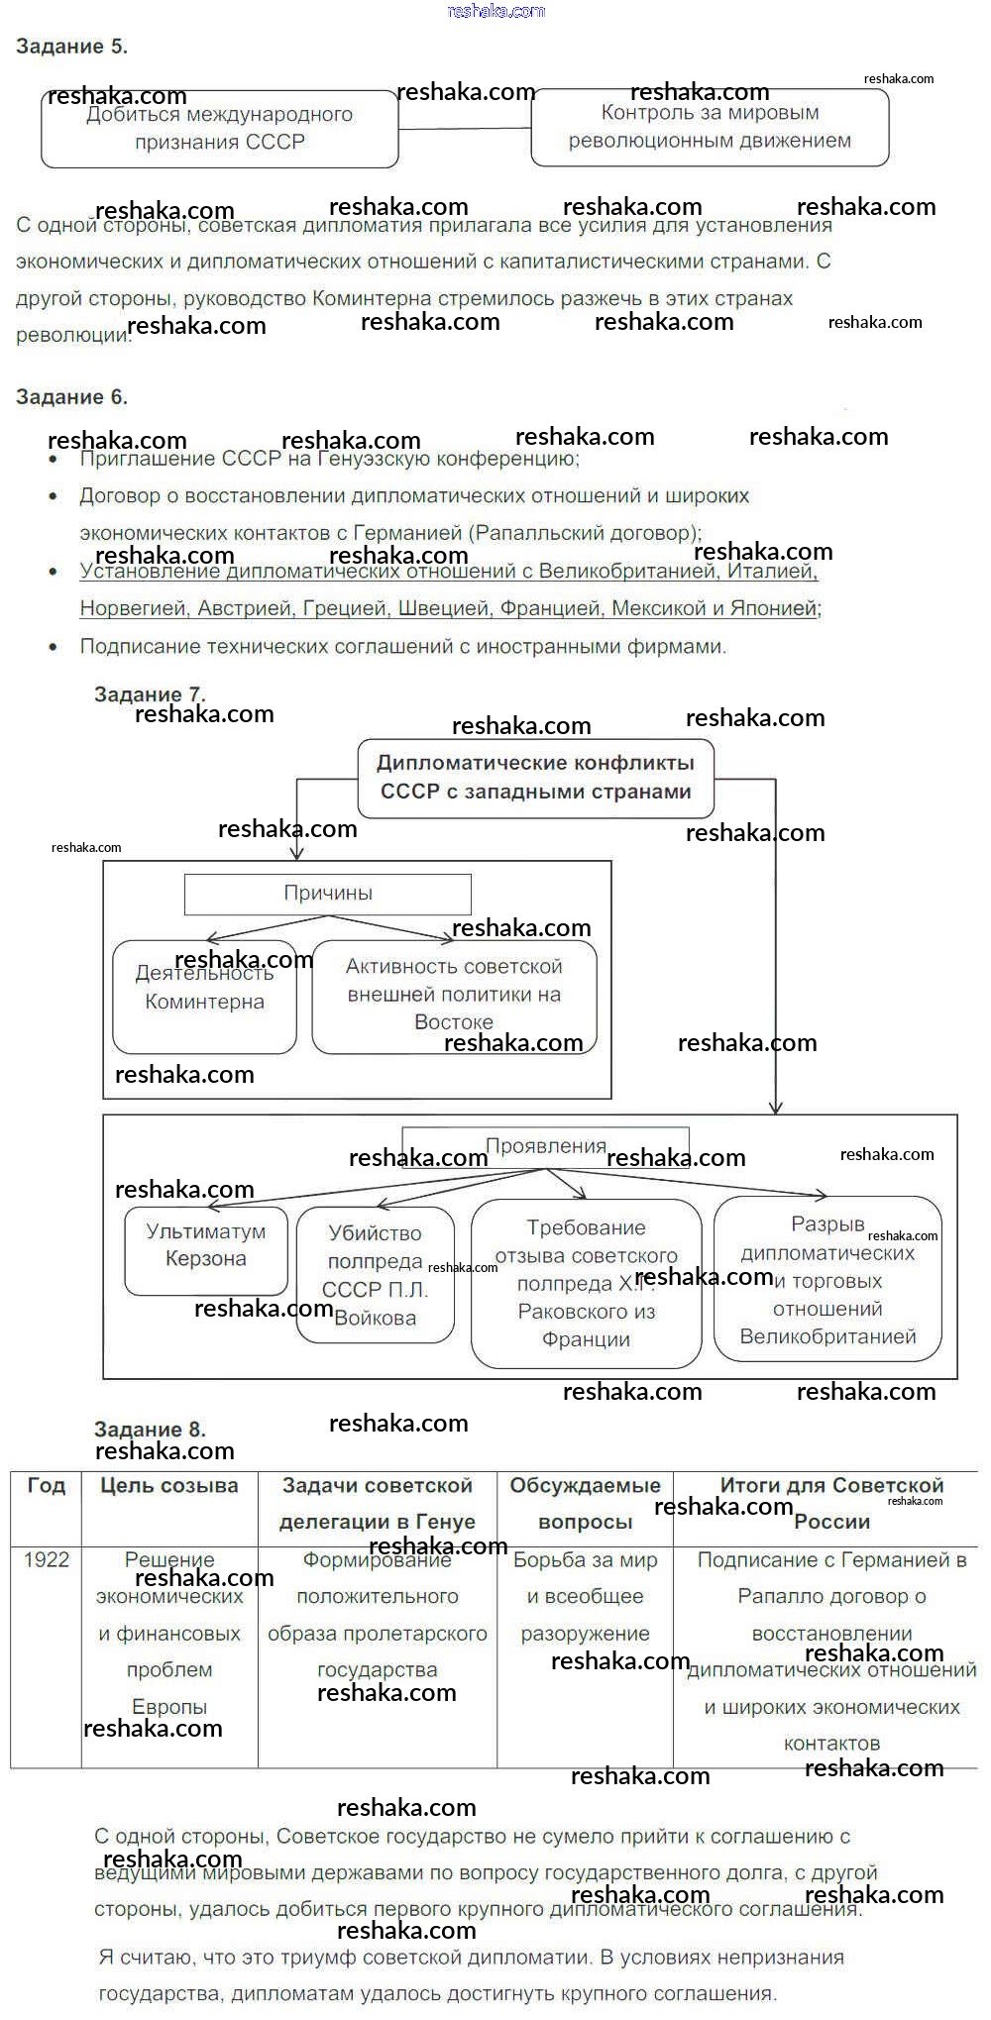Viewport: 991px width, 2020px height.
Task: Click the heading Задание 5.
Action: click(71, 47)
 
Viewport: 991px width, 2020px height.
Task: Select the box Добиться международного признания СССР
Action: click(219, 129)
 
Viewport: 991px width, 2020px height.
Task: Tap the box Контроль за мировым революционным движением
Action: click(710, 127)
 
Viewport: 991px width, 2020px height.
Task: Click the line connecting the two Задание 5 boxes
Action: click(465, 128)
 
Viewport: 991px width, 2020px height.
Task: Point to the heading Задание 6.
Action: click(71, 397)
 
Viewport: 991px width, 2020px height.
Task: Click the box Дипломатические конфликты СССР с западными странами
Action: click(535, 778)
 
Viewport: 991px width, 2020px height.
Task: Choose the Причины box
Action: click(328, 894)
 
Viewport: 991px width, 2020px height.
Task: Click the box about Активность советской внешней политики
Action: click(454, 994)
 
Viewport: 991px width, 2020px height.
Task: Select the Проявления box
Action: click(545, 1146)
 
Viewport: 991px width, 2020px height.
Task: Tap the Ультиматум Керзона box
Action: click(205, 1246)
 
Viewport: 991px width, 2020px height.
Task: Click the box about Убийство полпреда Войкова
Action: click(375, 1276)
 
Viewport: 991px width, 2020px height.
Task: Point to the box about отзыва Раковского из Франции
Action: click(586, 1283)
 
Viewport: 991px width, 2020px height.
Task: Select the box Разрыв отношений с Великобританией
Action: click(827, 1280)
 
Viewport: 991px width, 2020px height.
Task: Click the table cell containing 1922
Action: click(47, 1560)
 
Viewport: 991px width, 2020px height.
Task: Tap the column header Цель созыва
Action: click(169, 1486)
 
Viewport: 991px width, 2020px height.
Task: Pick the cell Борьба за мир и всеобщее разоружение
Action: click(585, 1597)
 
